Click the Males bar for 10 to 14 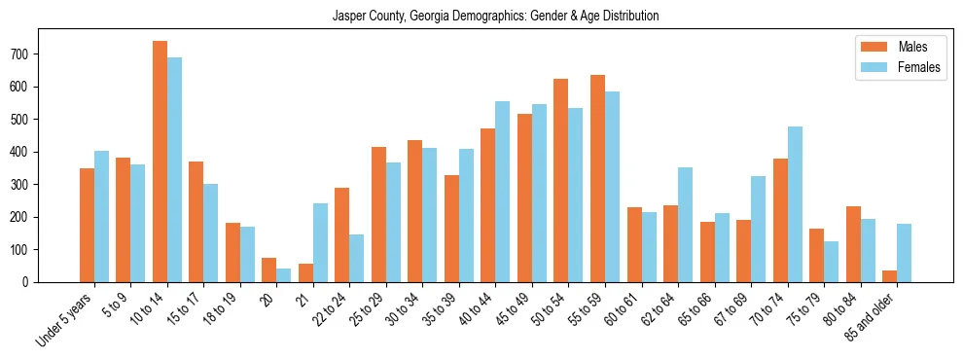pos(160,162)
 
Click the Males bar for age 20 pos(269,270)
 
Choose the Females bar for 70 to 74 pos(795,204)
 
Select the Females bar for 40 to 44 pos(503,192)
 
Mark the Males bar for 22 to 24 pos(342,234)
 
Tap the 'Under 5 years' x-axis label pos(65,317)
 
